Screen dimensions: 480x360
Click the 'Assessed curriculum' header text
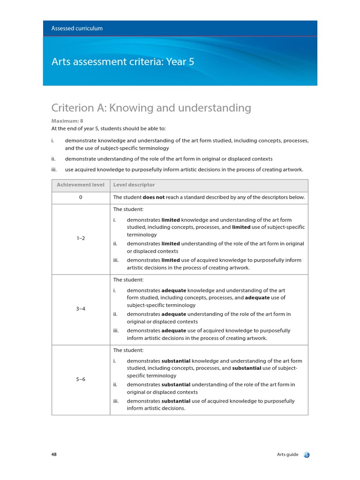tap(77, 28)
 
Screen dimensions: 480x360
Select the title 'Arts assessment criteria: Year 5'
tap(122, 61)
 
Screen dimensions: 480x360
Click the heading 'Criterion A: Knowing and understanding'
tap(151, 108)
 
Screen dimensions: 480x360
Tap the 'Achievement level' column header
tap(81, 185)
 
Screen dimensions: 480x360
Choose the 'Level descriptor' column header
tap(134, 185)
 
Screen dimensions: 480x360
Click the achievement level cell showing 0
tap(81, 198)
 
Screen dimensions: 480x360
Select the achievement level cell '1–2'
tap(81, 238)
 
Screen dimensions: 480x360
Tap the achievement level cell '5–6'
tap(81, 379)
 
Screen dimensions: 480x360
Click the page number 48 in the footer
tap(54, 454)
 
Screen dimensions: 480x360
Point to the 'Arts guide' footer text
tap(287, 454)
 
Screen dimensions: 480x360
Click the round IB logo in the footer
tap(307, 455)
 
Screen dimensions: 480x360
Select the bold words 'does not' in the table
tap(153, 198)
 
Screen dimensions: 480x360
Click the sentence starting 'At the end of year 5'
tap(108, 128)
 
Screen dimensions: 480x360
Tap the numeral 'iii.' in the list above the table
tap(54, 169)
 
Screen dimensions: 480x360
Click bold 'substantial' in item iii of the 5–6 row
tap(176, 401)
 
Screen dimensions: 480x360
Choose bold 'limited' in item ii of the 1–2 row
tap(171, 244)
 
